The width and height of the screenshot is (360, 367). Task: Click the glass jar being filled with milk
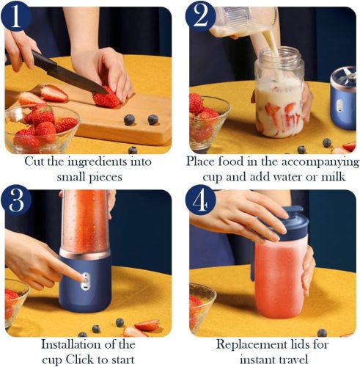click(x=279, y=98)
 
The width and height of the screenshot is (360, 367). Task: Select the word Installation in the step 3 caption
click(x=69, y=344)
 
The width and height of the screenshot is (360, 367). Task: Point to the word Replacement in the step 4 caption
click(x=249, y=344)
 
